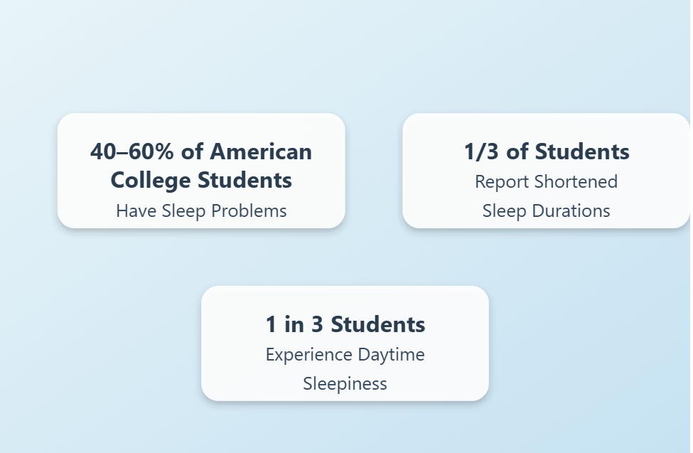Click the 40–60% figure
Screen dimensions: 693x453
coord(132,151)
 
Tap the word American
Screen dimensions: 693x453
coord(261,151)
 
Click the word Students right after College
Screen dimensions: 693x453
coord(245,180)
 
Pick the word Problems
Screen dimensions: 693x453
coord(249,211)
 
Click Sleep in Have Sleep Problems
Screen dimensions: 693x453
coord(183,211)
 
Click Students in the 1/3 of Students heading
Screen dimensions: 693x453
coord(582,151)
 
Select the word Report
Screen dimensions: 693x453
coord(502,182)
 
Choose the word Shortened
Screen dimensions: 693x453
coord(576,182)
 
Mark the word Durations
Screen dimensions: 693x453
coord(571,211)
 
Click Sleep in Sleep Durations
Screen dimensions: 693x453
coord(504,211)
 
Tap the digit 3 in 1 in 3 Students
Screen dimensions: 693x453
coord(317,324)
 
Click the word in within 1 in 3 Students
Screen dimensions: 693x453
coord(294,324)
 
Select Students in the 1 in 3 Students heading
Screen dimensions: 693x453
coord(378,324)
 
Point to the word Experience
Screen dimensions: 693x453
coord(309,356)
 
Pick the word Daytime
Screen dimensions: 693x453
coord(391,356)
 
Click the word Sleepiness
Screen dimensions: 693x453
coord(345,384)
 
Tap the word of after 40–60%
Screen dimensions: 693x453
coord(192,151)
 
